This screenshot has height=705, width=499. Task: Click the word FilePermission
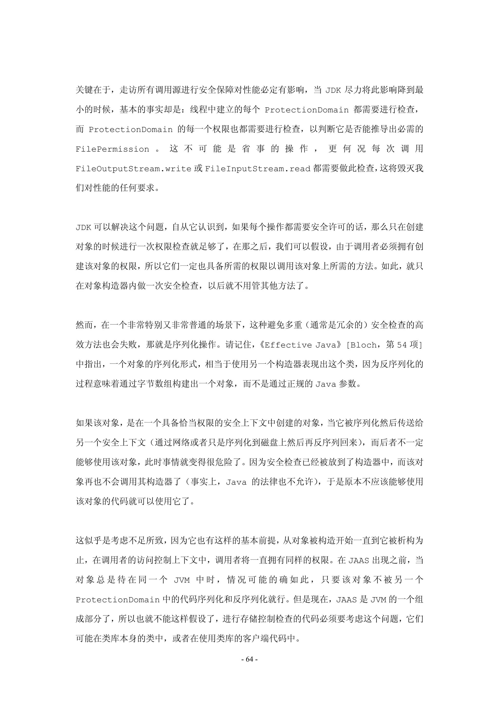tap(112, 149)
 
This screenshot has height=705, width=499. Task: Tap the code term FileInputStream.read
tap(257, 169)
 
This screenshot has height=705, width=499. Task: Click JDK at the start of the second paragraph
tap(83, 228)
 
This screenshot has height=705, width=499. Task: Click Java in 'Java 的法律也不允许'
tap(236, 482)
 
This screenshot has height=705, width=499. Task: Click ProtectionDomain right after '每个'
tap(307, 110)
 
